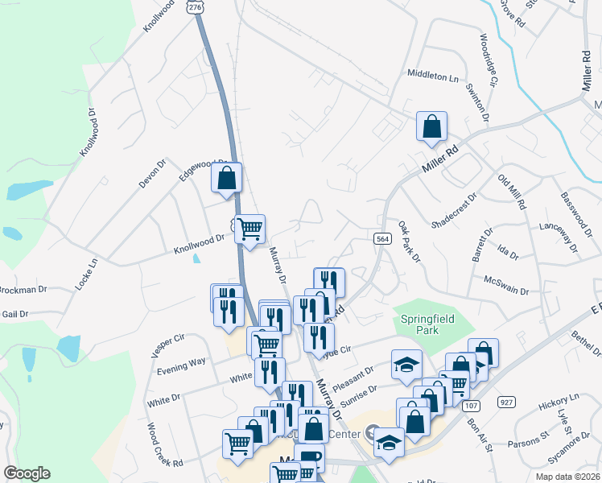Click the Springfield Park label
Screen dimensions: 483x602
click(x=427, y=324)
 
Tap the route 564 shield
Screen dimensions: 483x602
click(x=383, y=237)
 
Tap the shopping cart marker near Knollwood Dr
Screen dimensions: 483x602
click(x=249, y=229)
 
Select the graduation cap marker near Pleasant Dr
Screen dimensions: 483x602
click(x=406, y=364)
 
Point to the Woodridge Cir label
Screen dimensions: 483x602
click(x=489, y=60)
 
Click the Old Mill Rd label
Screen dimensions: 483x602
click(x=512, y=192)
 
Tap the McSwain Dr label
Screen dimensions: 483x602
click(x=506, y=285)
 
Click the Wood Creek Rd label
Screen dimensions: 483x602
click(x=165, y=445)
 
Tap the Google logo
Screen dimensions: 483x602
click(x=27, y=473)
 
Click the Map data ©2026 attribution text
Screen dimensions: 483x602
click(x=567, y=477)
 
